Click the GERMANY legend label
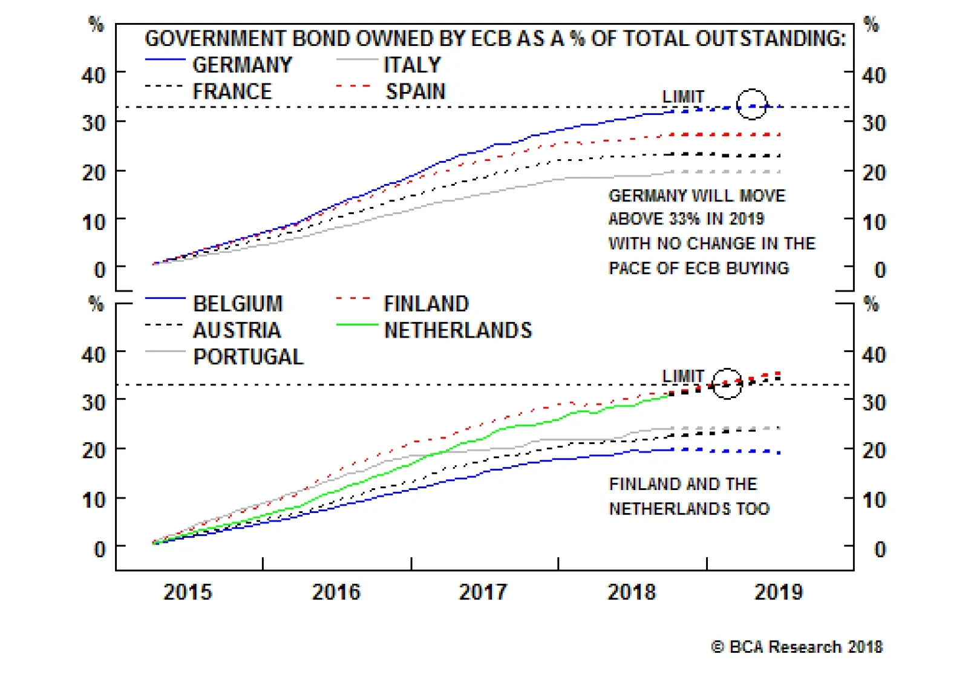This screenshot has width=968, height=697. tap(242, 65)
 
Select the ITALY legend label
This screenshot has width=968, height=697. tap(412, 65)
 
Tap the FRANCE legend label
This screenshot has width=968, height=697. tap(232, 91)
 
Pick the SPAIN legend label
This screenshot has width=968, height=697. tap(416, 91)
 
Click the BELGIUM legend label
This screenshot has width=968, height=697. tap(238, 303)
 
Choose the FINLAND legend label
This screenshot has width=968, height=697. tap(426, 303)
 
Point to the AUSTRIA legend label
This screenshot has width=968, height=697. tap(237, 330)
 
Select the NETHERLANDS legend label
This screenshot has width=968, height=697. tap(458, 330)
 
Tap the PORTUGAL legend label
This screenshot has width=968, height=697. tap(248, 356)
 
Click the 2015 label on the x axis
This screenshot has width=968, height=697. tap(188, 591)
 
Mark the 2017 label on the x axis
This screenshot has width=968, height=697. tap(483, 591)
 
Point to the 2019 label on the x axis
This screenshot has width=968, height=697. tap(778, 591)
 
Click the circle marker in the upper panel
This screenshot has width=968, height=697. tap(751, 104)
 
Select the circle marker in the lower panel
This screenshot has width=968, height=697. tap(727, 383)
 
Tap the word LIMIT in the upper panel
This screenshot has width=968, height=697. tap(683, 97)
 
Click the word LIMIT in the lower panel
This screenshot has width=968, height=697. tap(683, 376)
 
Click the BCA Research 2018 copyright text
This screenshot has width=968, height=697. tap(797, 647)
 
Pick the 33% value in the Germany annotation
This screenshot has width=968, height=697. tap(684, 218)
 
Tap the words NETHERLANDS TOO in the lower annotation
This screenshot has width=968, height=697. tap(689, 508)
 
